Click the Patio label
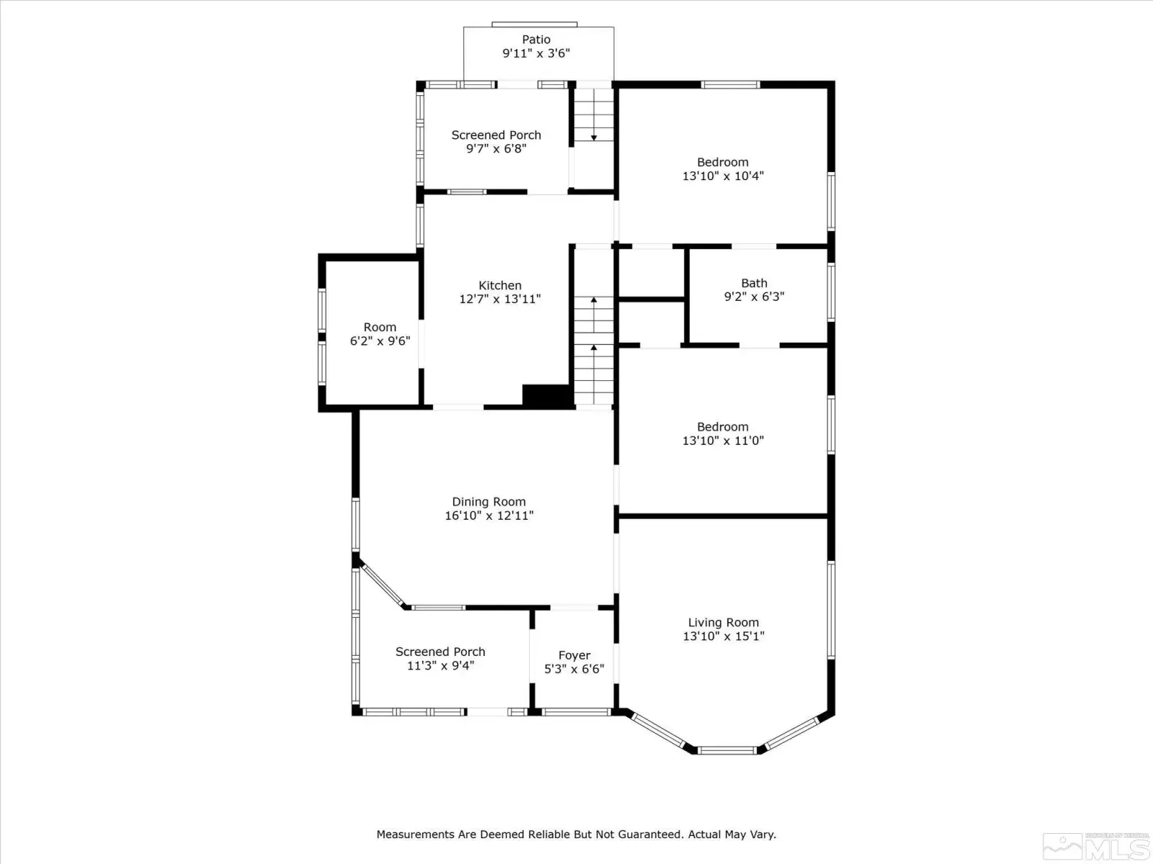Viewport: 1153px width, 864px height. coord(536,40)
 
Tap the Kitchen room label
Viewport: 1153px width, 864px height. coord(499,285)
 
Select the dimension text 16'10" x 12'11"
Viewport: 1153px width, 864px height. coord(489,516)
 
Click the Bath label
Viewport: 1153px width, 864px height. coord(754,283)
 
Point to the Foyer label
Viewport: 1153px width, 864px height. coord(574,656)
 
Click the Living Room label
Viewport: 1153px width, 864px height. coord(724,623)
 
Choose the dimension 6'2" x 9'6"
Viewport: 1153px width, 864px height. coord(380,341)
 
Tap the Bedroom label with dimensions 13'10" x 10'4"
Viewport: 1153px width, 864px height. coord(723,162)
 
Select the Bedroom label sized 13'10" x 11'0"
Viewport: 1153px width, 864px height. coord(723,427)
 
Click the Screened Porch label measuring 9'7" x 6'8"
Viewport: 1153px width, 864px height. coord(496,135)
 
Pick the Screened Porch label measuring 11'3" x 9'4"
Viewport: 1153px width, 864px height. coord(440,652)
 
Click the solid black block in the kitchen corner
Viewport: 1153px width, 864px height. coord(546,395)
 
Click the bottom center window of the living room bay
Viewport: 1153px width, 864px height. coord(727,751)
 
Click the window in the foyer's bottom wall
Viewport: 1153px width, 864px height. coord(576,712)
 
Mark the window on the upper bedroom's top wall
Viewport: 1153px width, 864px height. coord(730,84)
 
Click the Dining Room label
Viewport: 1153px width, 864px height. coord(489,502)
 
